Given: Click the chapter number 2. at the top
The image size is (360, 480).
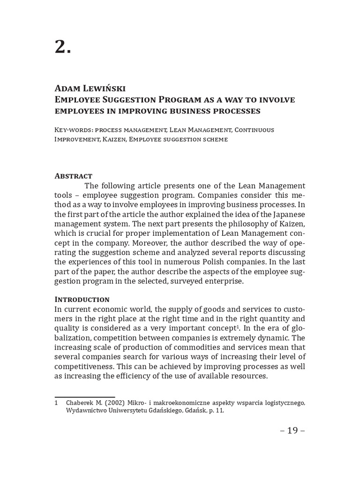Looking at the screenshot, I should tap(63, 46).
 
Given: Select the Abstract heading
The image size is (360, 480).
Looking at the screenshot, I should tap(73, 176).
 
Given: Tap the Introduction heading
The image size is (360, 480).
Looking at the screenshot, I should tap(82, 299).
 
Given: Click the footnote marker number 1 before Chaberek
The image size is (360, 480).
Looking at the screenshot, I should tap(56, 403).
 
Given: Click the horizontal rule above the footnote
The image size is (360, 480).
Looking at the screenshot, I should tap(84, 397).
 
